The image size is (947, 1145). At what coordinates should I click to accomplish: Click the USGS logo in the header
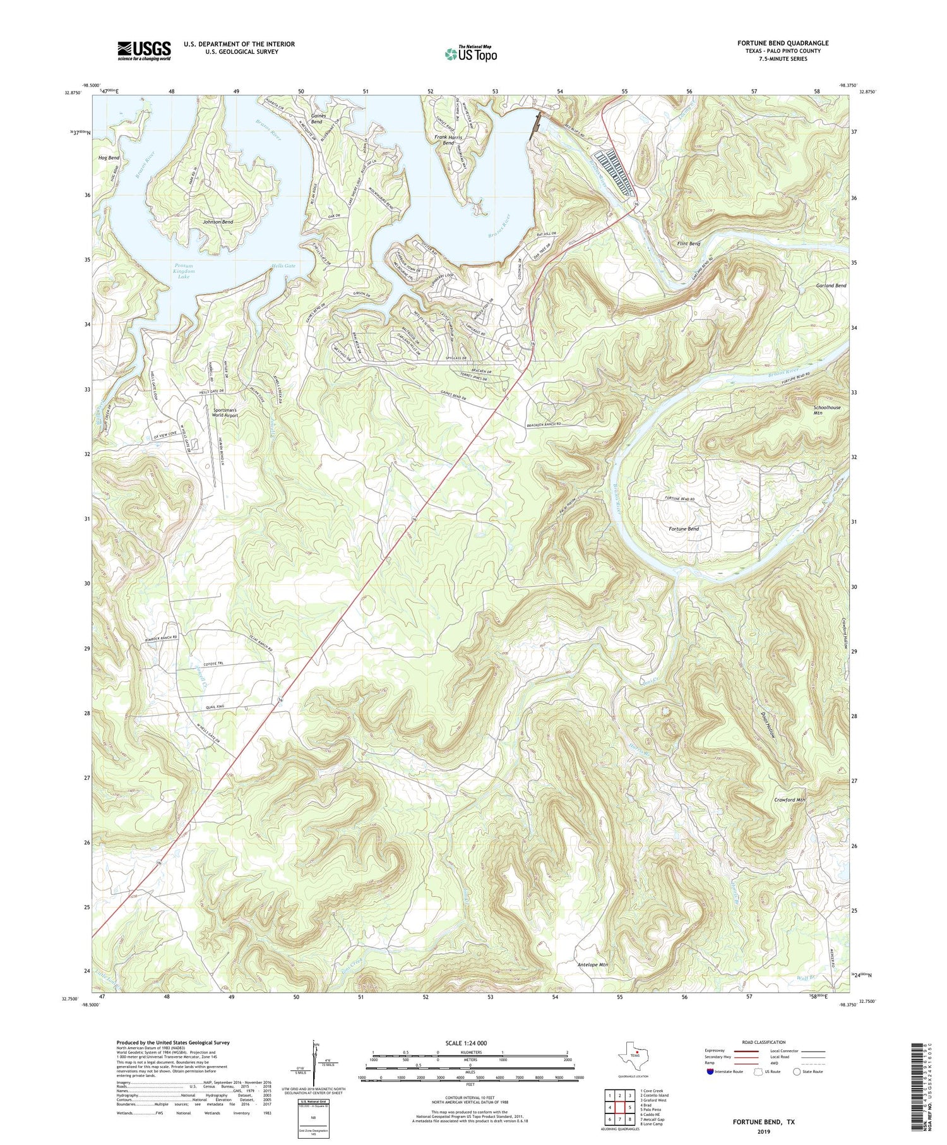click(x=144, y=50)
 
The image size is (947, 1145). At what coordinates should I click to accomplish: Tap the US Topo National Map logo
click(x=470, y=54)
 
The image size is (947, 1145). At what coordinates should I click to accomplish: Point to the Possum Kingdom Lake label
click(x=184, y=271)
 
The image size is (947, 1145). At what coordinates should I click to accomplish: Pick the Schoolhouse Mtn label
click(x=826, y=411)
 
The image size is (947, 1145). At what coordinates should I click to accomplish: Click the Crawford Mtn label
click(x=789, y=800)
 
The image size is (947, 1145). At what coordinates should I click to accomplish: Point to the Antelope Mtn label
click(x=593, y=965)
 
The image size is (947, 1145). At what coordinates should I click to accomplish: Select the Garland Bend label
click(x=831, y=285)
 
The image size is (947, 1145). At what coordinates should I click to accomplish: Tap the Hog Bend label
click(x=109, y=157)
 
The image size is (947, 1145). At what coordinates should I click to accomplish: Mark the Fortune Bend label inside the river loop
click(x=684, y=529)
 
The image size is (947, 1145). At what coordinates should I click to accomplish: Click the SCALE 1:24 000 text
click(x=470, y=1043)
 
